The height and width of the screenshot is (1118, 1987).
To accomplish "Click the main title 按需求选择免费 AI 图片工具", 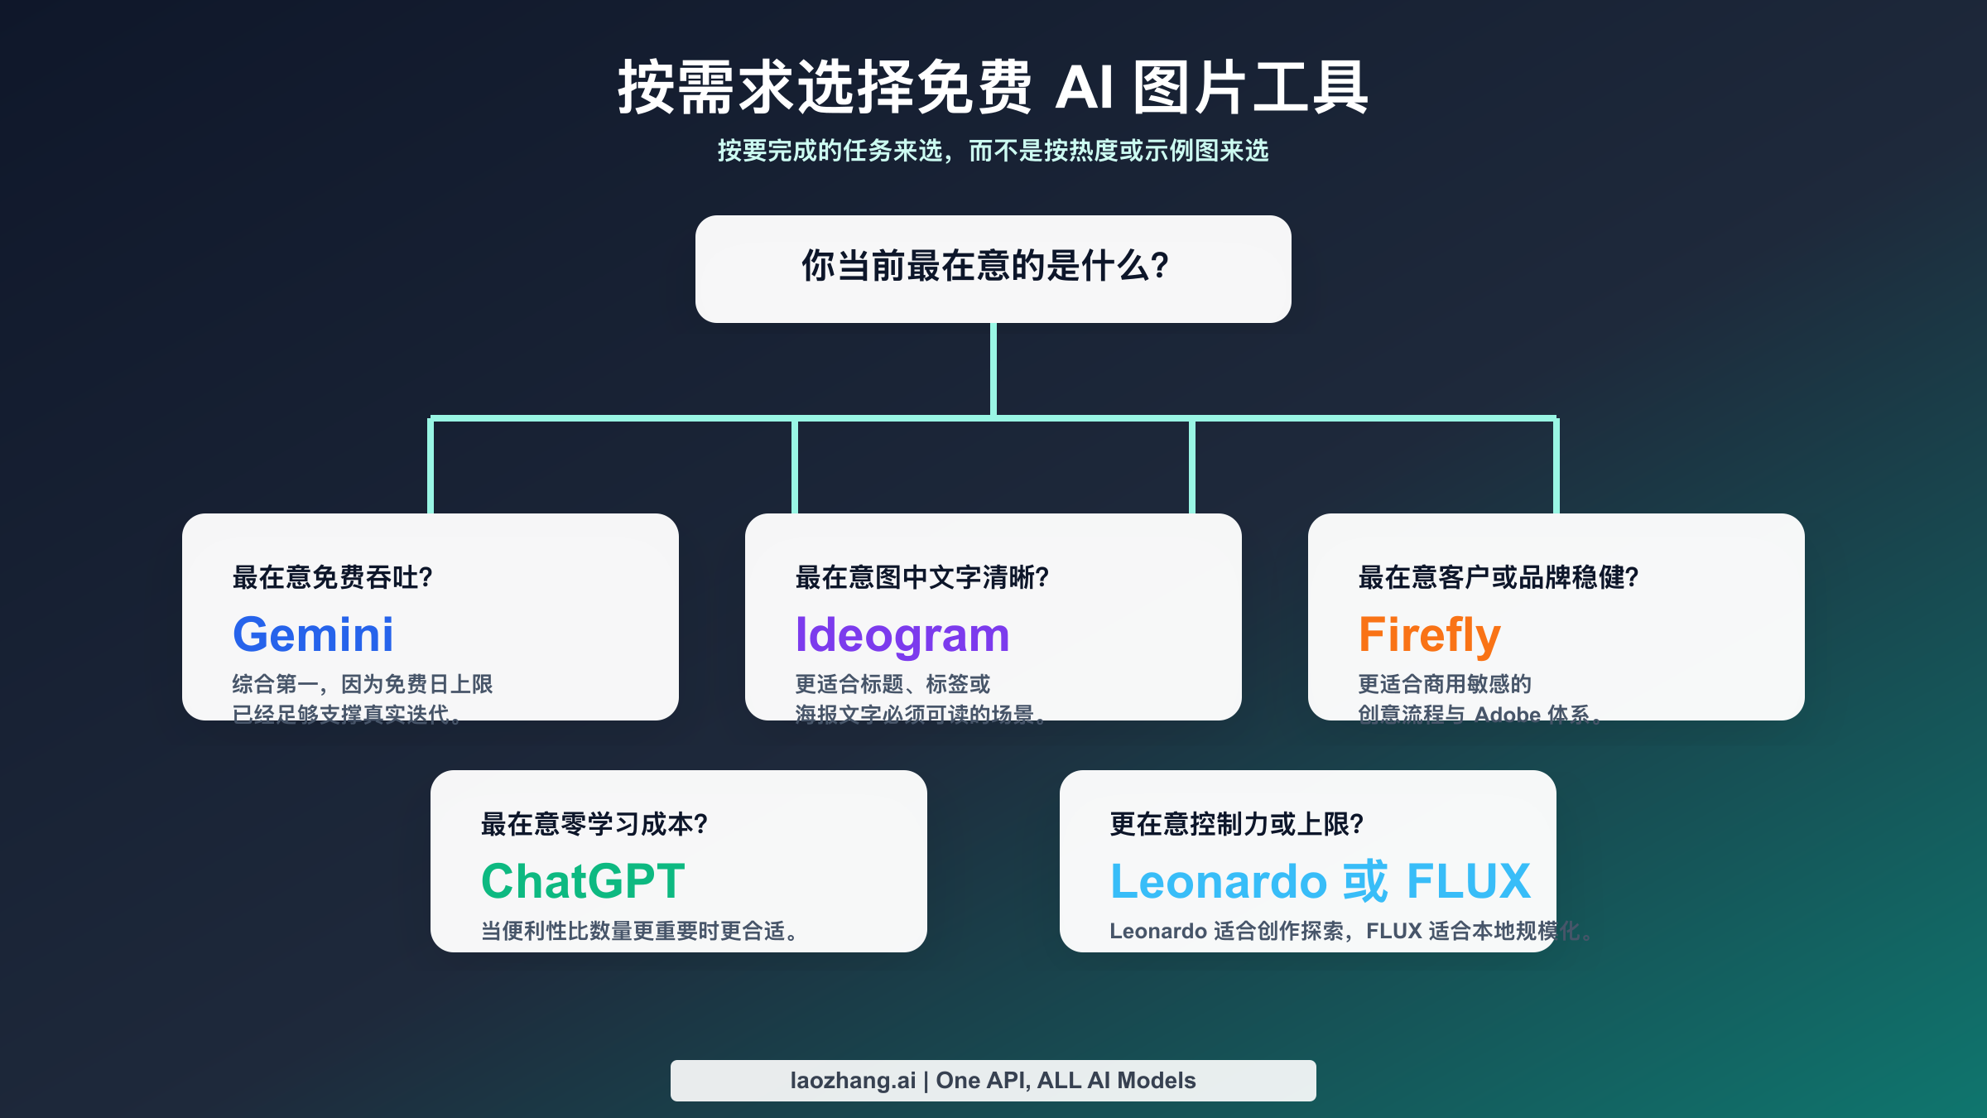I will [993, 87].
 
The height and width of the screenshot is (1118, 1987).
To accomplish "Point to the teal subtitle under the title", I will [993, 151].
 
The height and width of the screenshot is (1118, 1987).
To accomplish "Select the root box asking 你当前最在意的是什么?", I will [993, 268].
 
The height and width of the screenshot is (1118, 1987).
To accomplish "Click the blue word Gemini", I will [313, 634].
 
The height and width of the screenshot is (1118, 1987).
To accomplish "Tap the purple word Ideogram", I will [902, 634].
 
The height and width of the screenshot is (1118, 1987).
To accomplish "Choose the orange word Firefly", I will [1429, 634].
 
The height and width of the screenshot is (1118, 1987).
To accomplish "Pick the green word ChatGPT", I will [583, 880].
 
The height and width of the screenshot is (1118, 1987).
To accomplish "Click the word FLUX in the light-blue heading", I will [1468, 880].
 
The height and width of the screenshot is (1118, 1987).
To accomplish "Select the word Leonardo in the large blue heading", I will [1217, 880].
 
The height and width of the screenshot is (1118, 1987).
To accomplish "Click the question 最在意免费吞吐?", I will [333, 577].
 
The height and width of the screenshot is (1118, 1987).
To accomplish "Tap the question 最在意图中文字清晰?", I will [921, 577].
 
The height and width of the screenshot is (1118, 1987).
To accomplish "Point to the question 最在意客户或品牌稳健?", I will [1498, 577].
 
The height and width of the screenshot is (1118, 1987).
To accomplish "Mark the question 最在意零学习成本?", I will [594, 824].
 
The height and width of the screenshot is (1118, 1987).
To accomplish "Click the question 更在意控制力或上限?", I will [1236, 824].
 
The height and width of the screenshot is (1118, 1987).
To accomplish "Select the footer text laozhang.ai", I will [853, 1081].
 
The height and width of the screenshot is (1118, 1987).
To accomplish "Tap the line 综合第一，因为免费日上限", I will [362, 684].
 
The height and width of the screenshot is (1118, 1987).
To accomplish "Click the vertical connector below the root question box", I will [993, 369].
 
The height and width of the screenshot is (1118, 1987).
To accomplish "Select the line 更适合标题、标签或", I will [892, 684].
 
